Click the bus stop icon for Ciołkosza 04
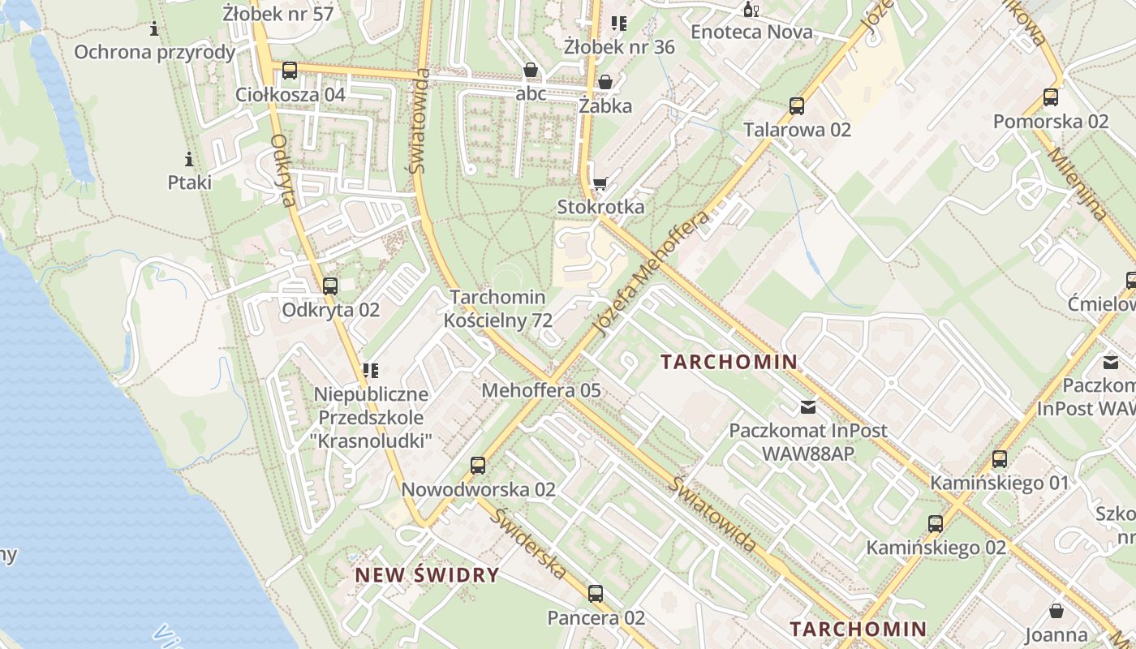(290, 71)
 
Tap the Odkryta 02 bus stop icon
(329, 286)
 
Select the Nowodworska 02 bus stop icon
(478, 466)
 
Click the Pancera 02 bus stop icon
(596, 594)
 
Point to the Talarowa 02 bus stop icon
(797, 105)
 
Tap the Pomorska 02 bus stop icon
(1051, 97)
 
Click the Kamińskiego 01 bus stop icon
(1000, 459)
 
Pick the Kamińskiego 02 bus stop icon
(936, 524)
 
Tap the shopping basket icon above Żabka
(605, 82)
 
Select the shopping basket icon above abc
(531, 70)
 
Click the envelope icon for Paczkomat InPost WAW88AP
(808, 406)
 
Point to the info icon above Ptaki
(189, 158)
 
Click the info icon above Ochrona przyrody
(154, 29)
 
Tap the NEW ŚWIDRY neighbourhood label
(427, 575)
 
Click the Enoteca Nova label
(751, 32)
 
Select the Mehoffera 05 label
(541, 390)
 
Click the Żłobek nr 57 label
(278, 13)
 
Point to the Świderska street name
(529, 543)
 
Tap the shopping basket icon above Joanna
(1056, 610)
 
